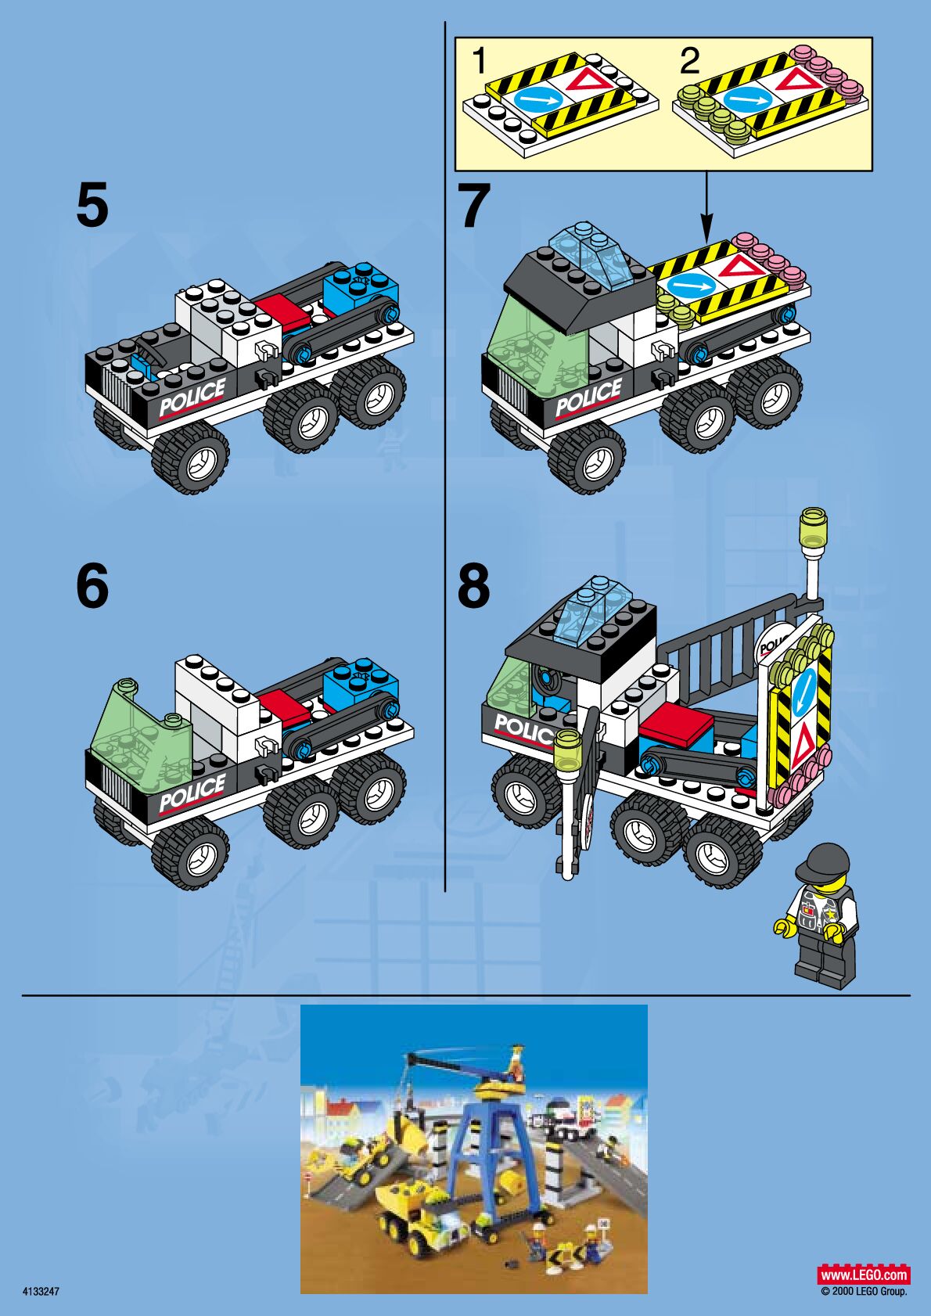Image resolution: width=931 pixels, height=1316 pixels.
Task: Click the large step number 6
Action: click(93, 586)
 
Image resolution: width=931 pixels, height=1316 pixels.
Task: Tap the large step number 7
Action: click(475, 206)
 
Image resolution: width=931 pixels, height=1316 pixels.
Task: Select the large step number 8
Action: click(474, 586)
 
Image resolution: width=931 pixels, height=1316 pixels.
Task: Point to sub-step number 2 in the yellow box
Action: click(690, 61)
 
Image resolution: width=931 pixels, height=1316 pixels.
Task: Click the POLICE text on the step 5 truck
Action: click(192, 397)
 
